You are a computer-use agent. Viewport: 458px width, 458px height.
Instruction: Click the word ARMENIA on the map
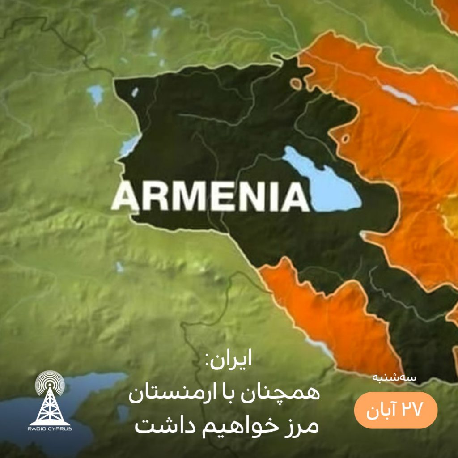(210, 197)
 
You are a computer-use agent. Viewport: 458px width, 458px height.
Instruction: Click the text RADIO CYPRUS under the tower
(50, 428)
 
